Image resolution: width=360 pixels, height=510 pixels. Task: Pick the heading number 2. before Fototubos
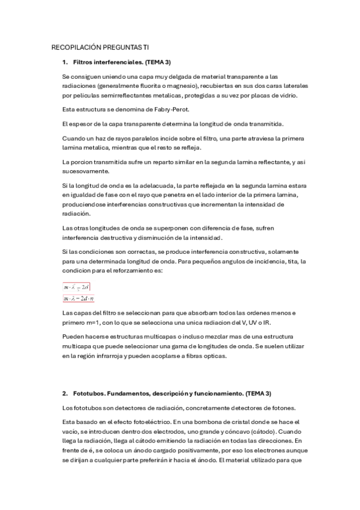64,393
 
